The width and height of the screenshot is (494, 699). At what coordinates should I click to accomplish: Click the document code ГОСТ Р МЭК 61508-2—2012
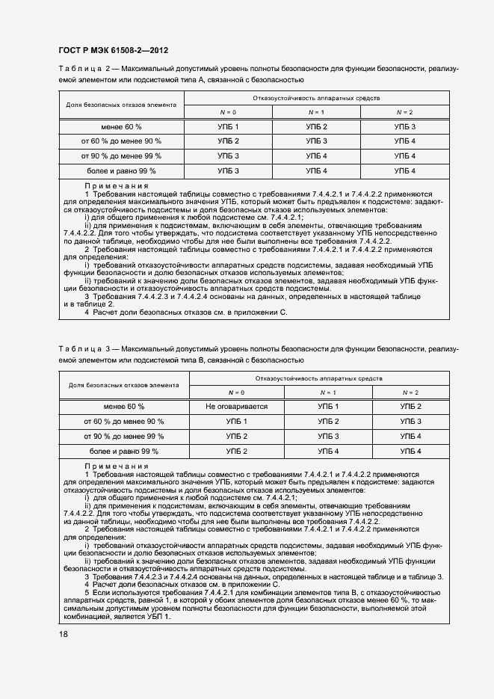tap(112, 50)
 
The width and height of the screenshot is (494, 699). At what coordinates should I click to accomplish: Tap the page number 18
tap(62, 634)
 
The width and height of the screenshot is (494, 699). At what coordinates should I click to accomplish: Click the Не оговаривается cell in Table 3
tap(236, 407)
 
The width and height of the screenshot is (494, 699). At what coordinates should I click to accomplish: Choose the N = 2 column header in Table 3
tap(410, 392)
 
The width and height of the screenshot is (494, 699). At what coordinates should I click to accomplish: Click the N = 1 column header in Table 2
tap(316, 112)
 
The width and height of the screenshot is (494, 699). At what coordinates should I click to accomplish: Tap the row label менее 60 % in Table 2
tap(121, 127)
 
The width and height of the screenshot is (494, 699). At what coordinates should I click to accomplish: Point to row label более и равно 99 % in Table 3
tap(124, 452)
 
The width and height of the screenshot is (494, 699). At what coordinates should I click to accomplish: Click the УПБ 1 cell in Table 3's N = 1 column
tap(327, 407)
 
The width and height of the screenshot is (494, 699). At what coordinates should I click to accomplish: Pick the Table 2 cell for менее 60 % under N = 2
tap(404, 127)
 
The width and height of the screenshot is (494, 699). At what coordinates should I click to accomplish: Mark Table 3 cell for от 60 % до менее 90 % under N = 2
tap(410, 422)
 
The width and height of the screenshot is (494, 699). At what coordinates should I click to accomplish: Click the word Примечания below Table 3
tap(116, 466)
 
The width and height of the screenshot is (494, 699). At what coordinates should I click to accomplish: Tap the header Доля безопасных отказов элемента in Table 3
tap(124, 386)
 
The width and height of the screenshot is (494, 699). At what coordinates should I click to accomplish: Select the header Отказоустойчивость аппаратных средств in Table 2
tap(316, 98)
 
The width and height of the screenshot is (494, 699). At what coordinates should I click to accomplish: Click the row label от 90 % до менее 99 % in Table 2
tap(121, 156)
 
